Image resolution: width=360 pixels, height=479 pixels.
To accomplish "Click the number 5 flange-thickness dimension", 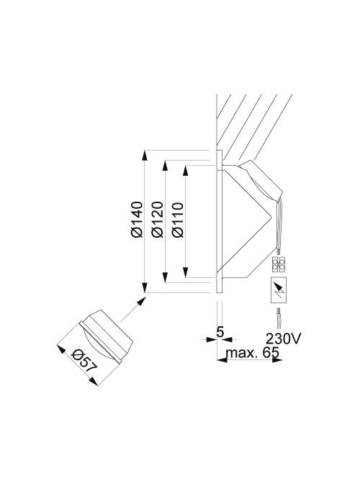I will coord(220,333).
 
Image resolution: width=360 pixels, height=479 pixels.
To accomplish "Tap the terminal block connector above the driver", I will coord(279,264).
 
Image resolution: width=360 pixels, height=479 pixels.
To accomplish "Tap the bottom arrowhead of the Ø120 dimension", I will coord(168,279).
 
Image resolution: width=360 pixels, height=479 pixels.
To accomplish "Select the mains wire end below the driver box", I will coord(279,318).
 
